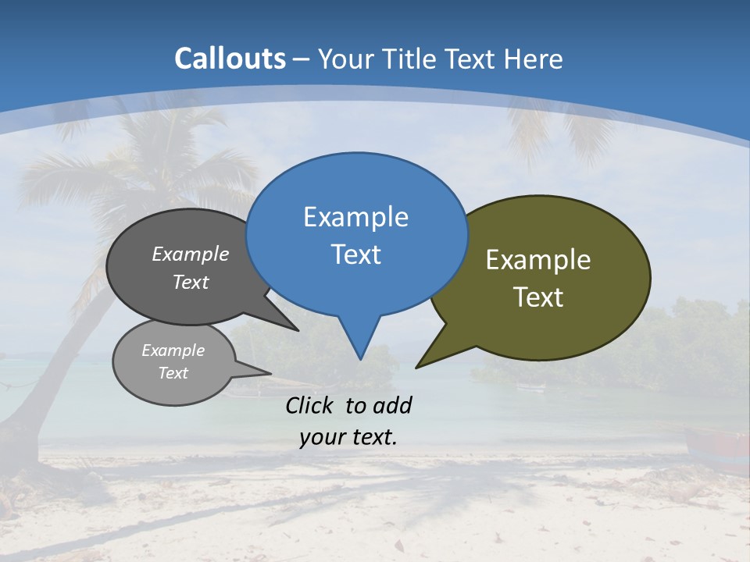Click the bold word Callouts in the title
point(230,59)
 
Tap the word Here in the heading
point(534,59)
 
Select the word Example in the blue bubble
point(355,217)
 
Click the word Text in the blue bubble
point(355,254)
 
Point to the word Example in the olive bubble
point(538,260)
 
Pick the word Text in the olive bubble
point(538,297)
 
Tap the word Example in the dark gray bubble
point(191,254)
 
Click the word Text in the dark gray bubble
point(191,282)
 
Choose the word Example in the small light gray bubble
point(173,350)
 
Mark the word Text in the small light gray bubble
point(173,373)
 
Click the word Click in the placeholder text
point(312,405)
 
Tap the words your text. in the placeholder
point(348,437)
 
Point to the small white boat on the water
point(531,387)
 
